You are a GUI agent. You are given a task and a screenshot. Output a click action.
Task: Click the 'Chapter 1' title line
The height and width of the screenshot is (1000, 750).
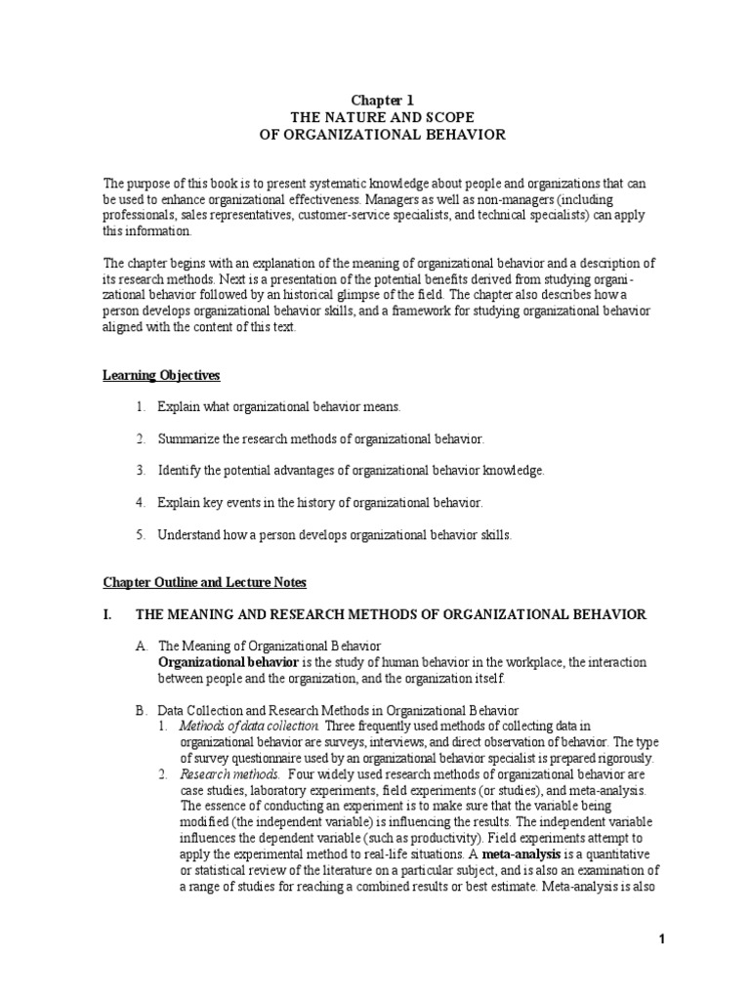(x=375, y=99)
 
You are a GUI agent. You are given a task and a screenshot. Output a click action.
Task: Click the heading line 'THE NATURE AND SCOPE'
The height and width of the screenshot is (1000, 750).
(x=375, y=116)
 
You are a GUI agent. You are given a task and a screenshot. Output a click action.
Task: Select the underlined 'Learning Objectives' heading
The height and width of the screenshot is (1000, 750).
(x=161, y=374)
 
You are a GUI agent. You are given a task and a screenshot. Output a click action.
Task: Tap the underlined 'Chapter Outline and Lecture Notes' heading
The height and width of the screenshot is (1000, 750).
(x=205, y=582)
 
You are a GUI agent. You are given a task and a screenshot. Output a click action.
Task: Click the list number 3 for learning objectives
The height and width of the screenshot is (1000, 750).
(x=141, y=470)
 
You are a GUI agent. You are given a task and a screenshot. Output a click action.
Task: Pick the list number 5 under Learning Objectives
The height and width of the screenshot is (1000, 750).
(x=141, y=534)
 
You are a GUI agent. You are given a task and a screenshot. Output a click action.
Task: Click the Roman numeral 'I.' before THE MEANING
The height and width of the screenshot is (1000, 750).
(x=109, y=614)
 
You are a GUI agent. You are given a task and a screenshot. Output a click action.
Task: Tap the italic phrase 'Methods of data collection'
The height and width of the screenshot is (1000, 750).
(x=249, y=727)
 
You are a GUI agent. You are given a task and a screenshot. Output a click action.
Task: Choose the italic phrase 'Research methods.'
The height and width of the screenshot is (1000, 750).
(x=220, y=774)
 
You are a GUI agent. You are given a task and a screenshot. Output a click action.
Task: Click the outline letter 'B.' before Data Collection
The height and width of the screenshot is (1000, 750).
(x=142, y=710)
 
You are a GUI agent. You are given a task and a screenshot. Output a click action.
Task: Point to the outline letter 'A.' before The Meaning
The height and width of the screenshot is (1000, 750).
(x=142, y=646)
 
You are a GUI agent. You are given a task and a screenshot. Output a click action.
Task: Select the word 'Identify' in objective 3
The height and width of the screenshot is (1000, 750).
(x=182, y=470)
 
